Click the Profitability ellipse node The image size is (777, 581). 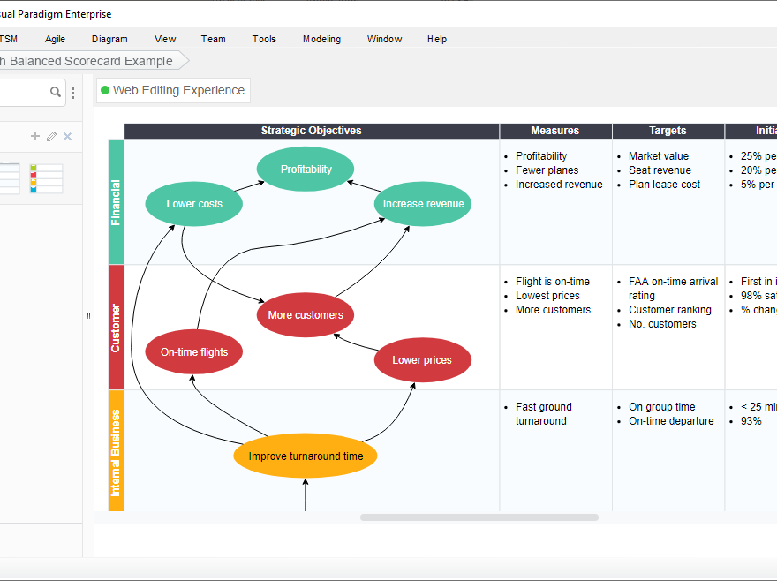click(306, 170)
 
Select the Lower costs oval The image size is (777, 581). click(194, 204)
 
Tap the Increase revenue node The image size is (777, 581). click(423, 204)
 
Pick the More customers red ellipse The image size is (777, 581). click(306, 315)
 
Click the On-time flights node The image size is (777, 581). click(194, 352)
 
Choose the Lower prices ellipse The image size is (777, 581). click(422, 360)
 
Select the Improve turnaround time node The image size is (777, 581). click(306, 456)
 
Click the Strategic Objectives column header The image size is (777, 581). click(311, 131)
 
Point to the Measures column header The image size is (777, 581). click(555, 131)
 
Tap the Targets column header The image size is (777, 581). click(668, 131)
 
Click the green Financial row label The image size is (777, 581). click(116, 202)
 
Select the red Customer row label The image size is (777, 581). click(116, 328)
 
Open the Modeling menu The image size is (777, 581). click(321, 39)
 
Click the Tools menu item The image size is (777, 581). click(264, 39)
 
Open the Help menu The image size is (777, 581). click(437, 39)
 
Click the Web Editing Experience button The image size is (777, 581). click(173, 90)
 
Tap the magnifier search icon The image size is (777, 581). click(56, 92)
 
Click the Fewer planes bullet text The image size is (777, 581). click(547, 170)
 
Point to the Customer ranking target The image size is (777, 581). click(669, 310)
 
